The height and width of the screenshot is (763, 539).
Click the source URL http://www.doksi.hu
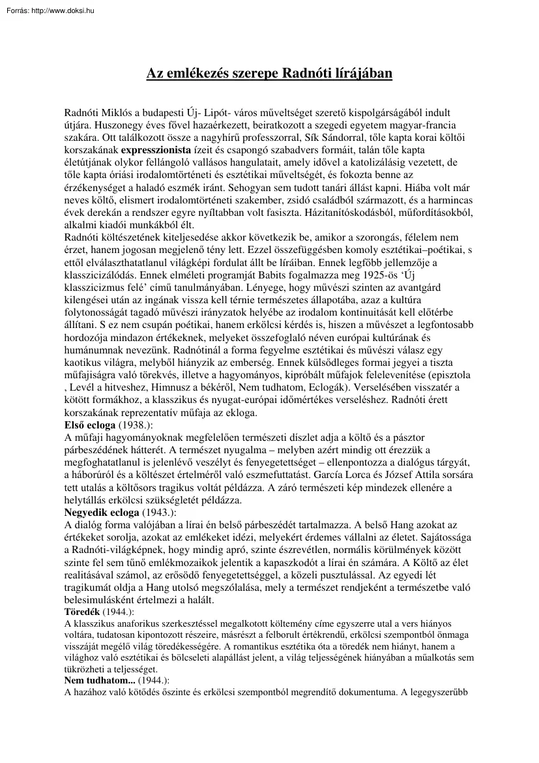point(63,11)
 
